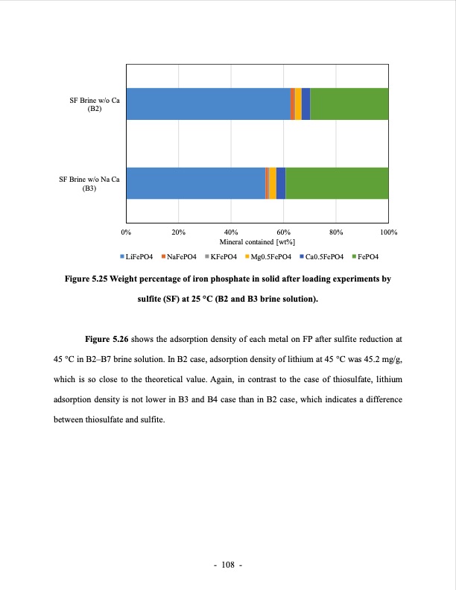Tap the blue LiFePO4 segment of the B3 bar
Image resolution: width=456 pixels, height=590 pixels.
click(x=195, y=183)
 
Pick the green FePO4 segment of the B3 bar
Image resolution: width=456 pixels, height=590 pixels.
click(x=337, y=183)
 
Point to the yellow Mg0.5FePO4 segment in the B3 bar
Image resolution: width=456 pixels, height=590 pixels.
click(x=273, y=183)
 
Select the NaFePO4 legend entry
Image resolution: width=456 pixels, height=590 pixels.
click(x=179, y=256)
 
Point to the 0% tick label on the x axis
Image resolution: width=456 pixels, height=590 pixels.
click(x=126, y=232)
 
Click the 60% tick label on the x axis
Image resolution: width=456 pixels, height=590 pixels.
click(x=283, y=232)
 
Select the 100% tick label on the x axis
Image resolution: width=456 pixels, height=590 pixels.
click(x=388, y=232)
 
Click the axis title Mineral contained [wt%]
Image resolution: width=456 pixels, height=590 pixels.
click(x=257, y=241)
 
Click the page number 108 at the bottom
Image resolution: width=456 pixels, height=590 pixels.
click(x=228, y=565)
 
